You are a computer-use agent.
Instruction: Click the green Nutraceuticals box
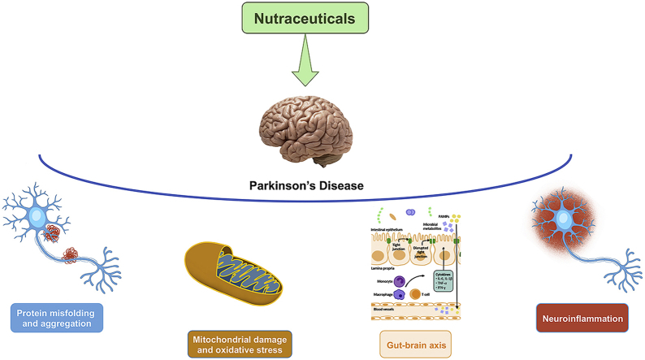(x=322, y=17)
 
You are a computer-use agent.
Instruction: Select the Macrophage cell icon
(x=399, y=294)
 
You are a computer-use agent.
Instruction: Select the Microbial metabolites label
(x=435, y=226)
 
